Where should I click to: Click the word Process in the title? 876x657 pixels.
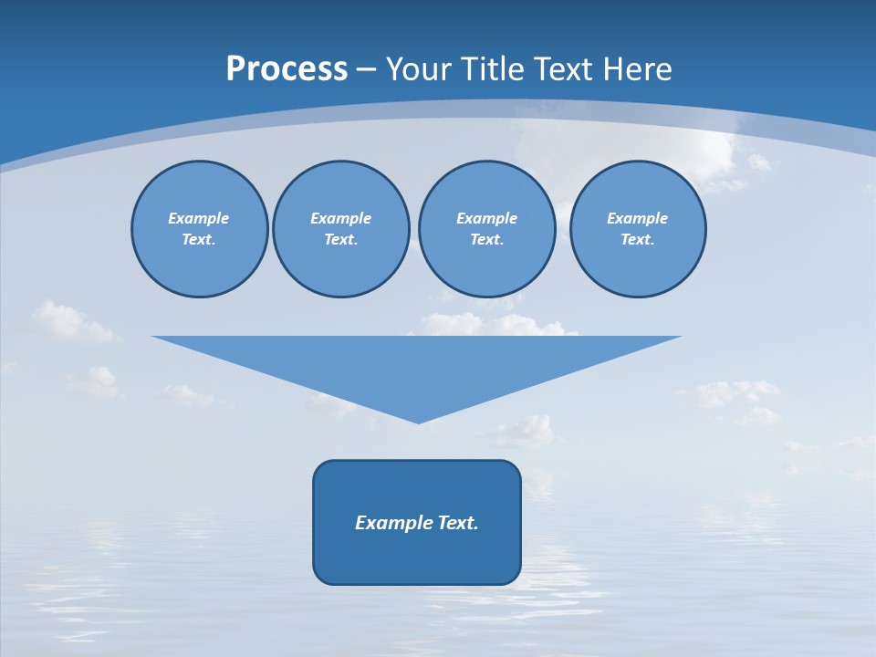(x=287, y=69)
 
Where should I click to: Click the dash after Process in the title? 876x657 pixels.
(x=367, y=70)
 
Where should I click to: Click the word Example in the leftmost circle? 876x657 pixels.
(x=199, y=218)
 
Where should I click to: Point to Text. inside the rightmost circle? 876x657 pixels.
(x=637, y=239)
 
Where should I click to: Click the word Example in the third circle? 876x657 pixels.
(x=486, y=218)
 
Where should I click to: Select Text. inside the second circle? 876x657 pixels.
(x=340, y=239)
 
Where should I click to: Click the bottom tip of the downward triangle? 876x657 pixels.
(x=418, y=421)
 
